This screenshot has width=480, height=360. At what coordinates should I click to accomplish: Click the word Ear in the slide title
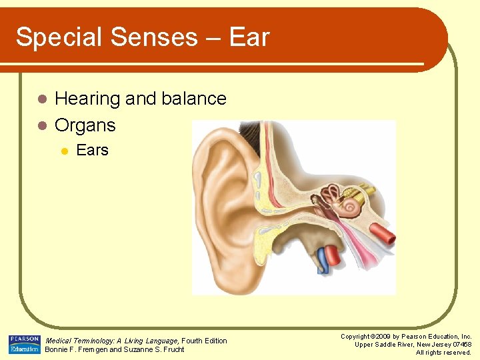click(249, 37)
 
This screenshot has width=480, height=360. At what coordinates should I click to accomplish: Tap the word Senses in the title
click(153, 37)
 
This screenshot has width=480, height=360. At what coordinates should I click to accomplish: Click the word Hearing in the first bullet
click(87, 99)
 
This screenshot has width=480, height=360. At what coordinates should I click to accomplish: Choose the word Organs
click(85, 125)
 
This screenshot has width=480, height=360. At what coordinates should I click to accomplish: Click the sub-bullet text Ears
click(92, 151)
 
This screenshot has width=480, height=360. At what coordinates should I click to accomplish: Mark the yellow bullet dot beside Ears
click(64, 151)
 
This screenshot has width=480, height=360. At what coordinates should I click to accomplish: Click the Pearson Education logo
click(25, 344)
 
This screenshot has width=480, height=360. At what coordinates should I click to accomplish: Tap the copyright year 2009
click(385, 337)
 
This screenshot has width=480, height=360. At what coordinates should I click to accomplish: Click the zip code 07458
click(459, 344)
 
